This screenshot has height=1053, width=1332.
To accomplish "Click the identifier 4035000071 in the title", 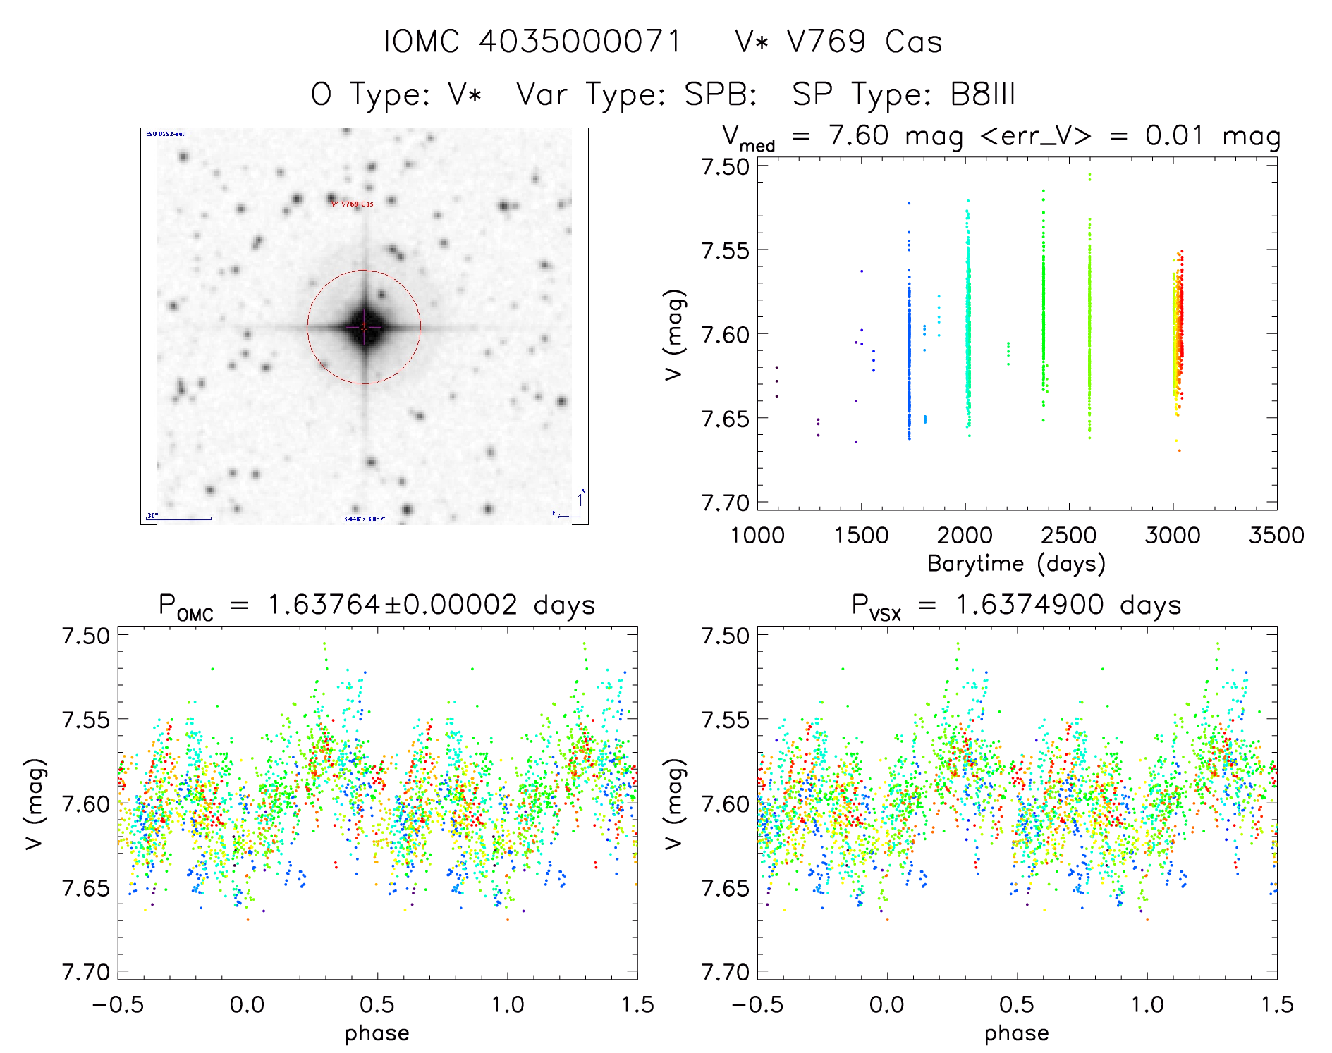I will point(580,42).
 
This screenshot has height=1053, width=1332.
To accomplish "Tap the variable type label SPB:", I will point(721,94).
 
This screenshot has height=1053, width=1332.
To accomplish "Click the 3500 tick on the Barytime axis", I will point(1276,535).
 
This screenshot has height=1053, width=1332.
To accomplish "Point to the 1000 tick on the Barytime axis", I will point(757,535).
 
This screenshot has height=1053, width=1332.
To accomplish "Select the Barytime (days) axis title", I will point(1016,563).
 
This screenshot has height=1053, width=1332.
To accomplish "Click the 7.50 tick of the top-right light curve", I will point(725,167).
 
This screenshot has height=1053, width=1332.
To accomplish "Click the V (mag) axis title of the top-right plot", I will point(674,335).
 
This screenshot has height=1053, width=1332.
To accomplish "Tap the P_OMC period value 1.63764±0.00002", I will point(392,605).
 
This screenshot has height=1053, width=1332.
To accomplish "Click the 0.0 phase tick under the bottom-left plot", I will point(248,1004).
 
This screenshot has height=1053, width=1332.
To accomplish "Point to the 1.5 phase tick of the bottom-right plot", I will point(1276,1004).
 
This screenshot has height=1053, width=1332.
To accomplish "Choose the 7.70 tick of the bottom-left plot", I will point(85,973).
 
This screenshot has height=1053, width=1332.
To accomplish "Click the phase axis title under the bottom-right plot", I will point(1016,1033).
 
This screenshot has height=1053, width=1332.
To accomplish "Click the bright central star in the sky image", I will point(365,327).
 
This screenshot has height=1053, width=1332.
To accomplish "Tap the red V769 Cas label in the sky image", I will point(353,204).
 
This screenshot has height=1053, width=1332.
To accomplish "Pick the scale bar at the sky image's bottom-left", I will point(179,519).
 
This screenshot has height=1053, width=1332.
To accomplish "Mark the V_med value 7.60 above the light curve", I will point(858,135).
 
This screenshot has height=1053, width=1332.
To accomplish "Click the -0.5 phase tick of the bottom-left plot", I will point(118,1004).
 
